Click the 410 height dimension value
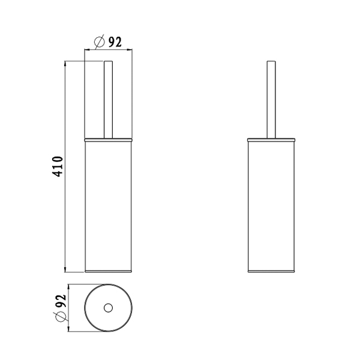[x=58, y=166]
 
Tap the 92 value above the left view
[x=115, y=42]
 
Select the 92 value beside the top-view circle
[x=61, y=301]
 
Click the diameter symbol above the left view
[x=100, y=42]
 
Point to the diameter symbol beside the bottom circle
[x=61, y=317]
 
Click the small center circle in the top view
[x=108, y=308]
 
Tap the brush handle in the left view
[x=109, y=100]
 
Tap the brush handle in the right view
[x=271, y=100]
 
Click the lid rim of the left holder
[x=109, y=140]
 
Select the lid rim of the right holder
[x=271, y=140]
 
